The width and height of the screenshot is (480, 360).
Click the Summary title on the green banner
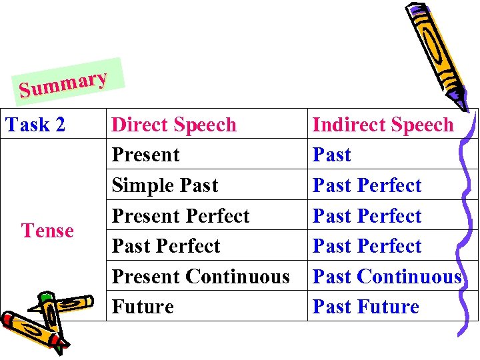(63, 85)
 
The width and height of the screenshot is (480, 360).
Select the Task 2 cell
(36, 125)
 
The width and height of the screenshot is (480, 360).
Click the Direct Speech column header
(174, 125)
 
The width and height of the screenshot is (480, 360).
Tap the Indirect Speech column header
(383, 125)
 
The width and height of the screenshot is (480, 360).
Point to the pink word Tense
(47, 231)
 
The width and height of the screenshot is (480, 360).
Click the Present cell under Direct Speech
(145, 155)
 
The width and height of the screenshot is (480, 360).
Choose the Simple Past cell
(165, 185)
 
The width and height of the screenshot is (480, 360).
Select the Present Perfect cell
(180, 216)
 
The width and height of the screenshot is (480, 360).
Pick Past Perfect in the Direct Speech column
(165, 246)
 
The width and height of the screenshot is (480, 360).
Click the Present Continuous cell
(200, 276)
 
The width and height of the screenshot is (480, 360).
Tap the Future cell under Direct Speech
(142, 307)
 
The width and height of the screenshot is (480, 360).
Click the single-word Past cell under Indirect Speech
(331, 155)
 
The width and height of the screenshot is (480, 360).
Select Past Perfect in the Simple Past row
(367, 185)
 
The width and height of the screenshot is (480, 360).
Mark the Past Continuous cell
(387, 276)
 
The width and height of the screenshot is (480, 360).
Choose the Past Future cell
(365, 307)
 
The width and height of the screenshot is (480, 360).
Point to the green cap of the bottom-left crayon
(45, 299)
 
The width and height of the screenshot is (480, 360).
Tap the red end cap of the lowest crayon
(8, 319)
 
